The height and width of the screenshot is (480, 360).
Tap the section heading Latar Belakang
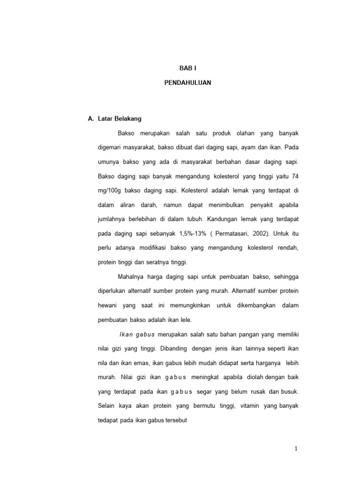tap(120, 119)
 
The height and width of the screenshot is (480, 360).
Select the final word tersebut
tap(174, 421)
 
